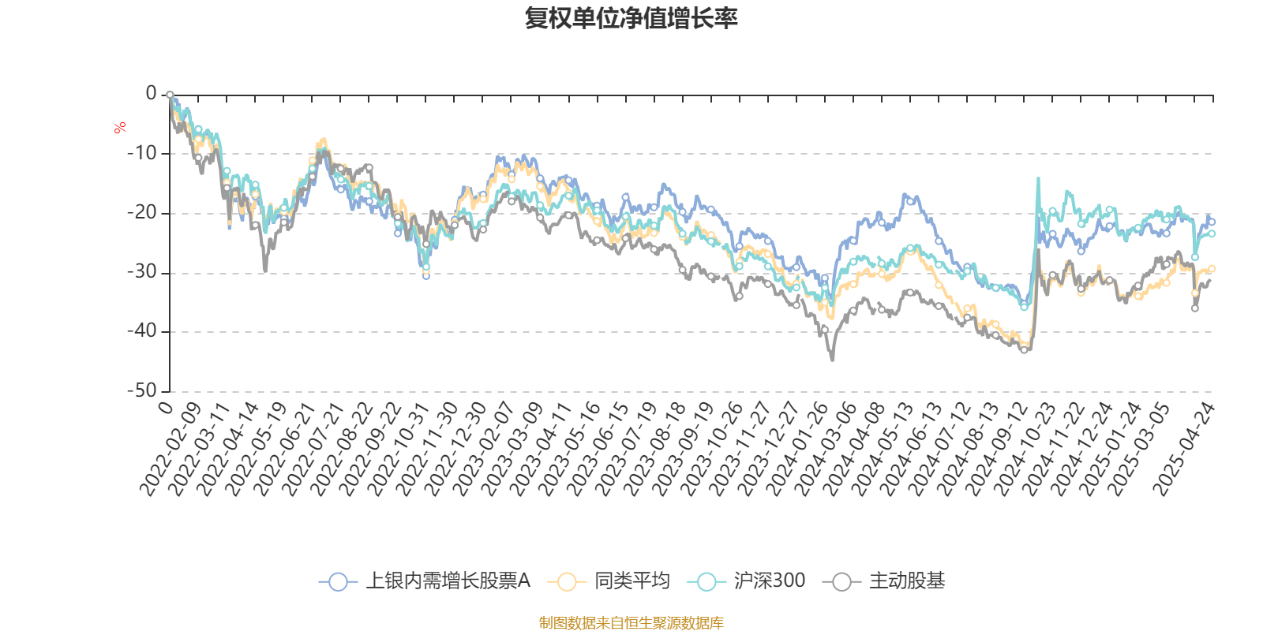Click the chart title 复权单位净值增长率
tap(631, 18)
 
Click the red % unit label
tap(120, 127)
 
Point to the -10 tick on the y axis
tap(143, 153)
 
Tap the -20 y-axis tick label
tap(143, 213)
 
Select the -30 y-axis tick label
tap(143, 272)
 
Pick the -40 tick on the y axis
tap(143, 331)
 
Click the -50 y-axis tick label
tap(143, 390)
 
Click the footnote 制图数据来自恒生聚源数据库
tap(631, 623)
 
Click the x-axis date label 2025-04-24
tap(1186, 448)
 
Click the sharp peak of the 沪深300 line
tap(1038, 178)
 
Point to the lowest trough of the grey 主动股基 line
tap(832, 360)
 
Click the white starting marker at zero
tap(170, 95)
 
